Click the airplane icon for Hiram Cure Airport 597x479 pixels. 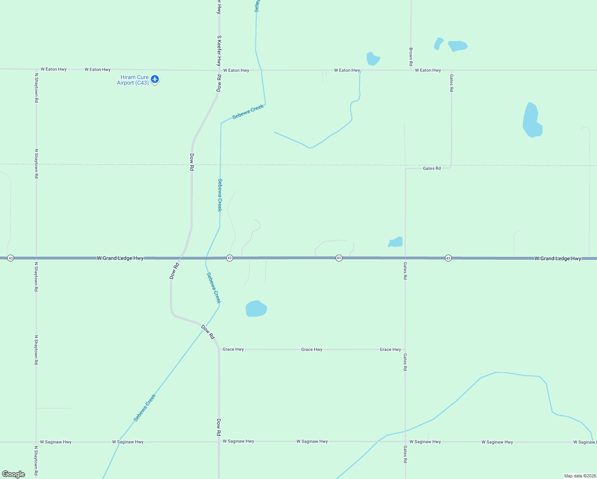pyautogui.click(x=155, y=79)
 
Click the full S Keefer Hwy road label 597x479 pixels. pyautogui.click(x=219, y=50)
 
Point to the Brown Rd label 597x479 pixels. pyautogui.click(x=411, y=57)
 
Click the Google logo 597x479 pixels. pyautogui.click(x=14, y=474)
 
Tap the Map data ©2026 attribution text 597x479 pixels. pyautogui.click(x=580, y=476)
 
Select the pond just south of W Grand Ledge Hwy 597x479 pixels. pyautogui.click(x=256, y=309)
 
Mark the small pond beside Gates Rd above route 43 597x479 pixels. pyautogui.click(x=395, y=242)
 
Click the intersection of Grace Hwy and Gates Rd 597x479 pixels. pyautogui.click(x=405, y=350)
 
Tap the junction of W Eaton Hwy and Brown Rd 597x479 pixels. pyautogui.click(x=411, y=70)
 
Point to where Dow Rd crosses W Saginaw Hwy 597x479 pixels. pyautogui.click(x=219, y=442)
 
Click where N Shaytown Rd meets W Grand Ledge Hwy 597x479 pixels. pyautogui.click(x=36, y=258)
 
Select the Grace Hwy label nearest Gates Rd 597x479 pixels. pyautogui.click(x=390, y=350)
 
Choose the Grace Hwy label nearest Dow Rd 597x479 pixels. pyautogui.click(x=233, y=349)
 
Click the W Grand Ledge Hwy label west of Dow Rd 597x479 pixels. pyautogui.click(x=120, y=258)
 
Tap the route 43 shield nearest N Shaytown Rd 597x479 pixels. pyautogui.click(x=11, y=258)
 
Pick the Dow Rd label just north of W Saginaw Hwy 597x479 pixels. pyautogui.click(x=219, y=427)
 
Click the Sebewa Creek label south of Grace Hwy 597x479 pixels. pyautogui.click(x=144, y=408)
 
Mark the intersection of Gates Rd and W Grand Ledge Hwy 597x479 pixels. pyautogui.click(x=405, y=258)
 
